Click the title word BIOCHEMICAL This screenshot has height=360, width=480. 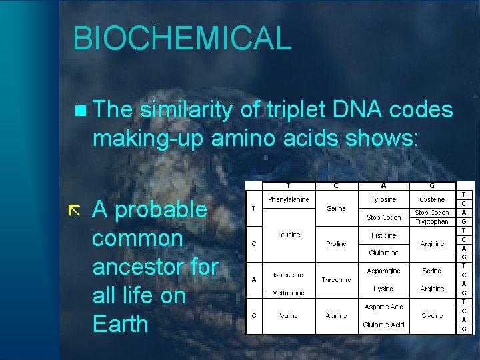tap(182, 38)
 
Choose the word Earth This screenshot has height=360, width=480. tap(120, 324)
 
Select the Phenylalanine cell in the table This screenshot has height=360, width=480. tap(288, 199)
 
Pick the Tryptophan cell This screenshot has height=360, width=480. tap(432, 221)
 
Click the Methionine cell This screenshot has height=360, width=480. tap(288, 293)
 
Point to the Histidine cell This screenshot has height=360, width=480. tap(383, 235)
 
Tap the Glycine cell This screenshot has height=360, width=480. tap(432, 315)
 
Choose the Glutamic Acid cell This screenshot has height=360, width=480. tap(383, 325)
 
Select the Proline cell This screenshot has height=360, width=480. tap(336, 244)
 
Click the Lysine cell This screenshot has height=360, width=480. tap(383, 289)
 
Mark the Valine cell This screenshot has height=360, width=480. tap(288, 315)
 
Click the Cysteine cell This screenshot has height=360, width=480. tap(432, 199)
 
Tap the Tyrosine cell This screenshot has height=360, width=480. tap(383, 199)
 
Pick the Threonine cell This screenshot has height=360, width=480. tap(336, 280)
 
